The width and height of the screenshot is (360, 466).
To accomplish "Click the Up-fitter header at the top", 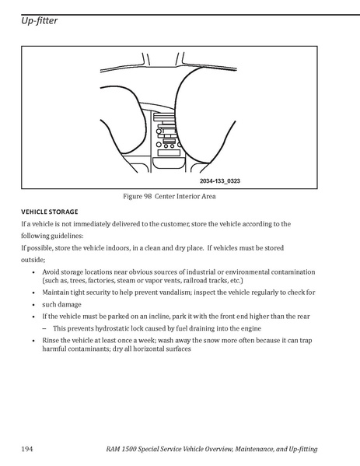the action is (39, 21).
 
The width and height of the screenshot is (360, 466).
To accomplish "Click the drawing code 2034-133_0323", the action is (220, 181).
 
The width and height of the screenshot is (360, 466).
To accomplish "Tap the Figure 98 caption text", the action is (170, 197).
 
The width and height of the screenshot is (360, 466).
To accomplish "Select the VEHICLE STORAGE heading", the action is (50, 212).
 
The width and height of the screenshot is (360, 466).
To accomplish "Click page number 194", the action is (26, 449).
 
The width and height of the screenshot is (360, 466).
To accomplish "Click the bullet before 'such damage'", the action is (33, 305).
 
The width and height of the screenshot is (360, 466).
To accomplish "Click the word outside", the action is (33, 260).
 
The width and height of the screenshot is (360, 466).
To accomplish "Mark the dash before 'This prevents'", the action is (44, 329).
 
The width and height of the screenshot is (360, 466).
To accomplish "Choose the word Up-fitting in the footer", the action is (303, 449).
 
